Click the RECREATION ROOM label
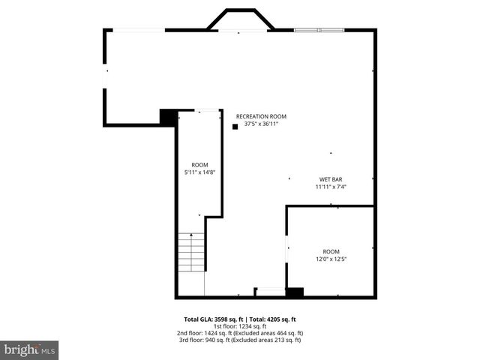point(261,116)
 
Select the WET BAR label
point(331,179)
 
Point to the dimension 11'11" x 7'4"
point(331,187)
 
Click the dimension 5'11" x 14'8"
point(199,172)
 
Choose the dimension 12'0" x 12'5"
point(331,259)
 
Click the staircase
point(191,252)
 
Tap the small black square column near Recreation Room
point(235,127)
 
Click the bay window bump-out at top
point(240,20)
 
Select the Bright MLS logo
point(30,349)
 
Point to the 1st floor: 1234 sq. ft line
point(240,326)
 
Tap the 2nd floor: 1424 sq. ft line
point(240,333)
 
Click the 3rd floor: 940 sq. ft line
point(240,340)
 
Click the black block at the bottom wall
point(295,292)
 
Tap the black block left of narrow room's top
point(168,117)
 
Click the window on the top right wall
point(319,30)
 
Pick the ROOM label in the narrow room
point(199,165)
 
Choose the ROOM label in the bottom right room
point(331,251)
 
